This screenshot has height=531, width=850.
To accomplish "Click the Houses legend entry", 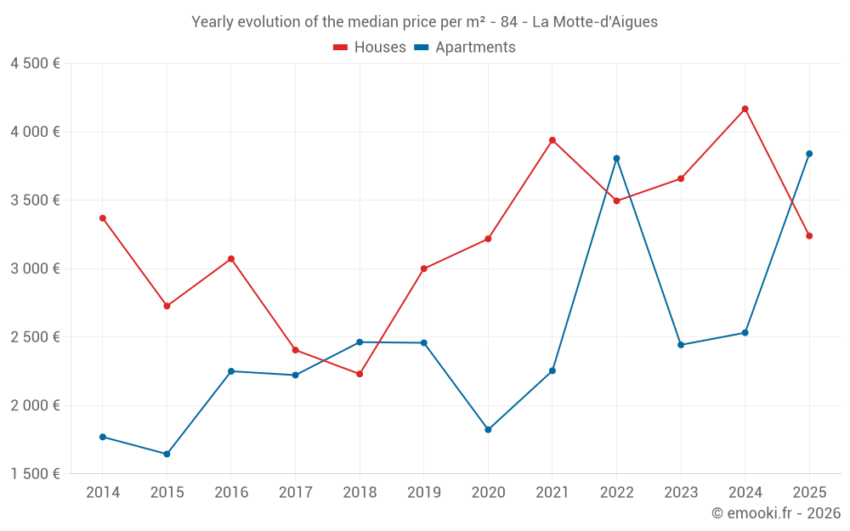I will click(x=370, y=48).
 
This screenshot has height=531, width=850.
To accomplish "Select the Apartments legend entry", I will click(x=465, y=48).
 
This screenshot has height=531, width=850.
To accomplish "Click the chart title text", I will click(x=424, y=22).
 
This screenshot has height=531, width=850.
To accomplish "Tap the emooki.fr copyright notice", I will click(x=775, y=512).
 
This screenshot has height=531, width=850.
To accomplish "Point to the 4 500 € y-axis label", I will click(x=35, y=64).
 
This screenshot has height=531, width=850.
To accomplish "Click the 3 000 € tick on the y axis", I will click(x=35, y=268).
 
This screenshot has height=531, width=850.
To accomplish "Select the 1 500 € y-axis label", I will click(x=35, y=473).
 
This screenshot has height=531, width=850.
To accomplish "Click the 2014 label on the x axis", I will click(x=103, y=492).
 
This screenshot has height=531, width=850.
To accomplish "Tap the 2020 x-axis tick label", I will click(x=488, y=492).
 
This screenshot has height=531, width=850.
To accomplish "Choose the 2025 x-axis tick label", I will click(x=809, y=492).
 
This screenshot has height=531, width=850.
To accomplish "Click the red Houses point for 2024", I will click(x=745, y=109).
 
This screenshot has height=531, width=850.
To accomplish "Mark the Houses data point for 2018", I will click(x=360, y=374).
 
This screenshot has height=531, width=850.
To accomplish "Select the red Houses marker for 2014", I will click(x=103, y=218).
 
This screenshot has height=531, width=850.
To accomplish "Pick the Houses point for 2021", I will click(x=552, y=140).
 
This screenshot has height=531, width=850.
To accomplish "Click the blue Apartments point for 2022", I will click(x=616, y=158).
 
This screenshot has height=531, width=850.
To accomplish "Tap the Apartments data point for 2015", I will click(x=167, y=454).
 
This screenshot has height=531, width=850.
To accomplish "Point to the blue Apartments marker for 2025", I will click(x=809, y=154).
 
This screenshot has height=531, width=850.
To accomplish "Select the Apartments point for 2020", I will click(x=488, y=430).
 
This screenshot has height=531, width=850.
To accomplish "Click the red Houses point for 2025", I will click(x=809, y=236).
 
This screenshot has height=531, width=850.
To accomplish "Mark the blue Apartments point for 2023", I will click(x=681, y=345).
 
